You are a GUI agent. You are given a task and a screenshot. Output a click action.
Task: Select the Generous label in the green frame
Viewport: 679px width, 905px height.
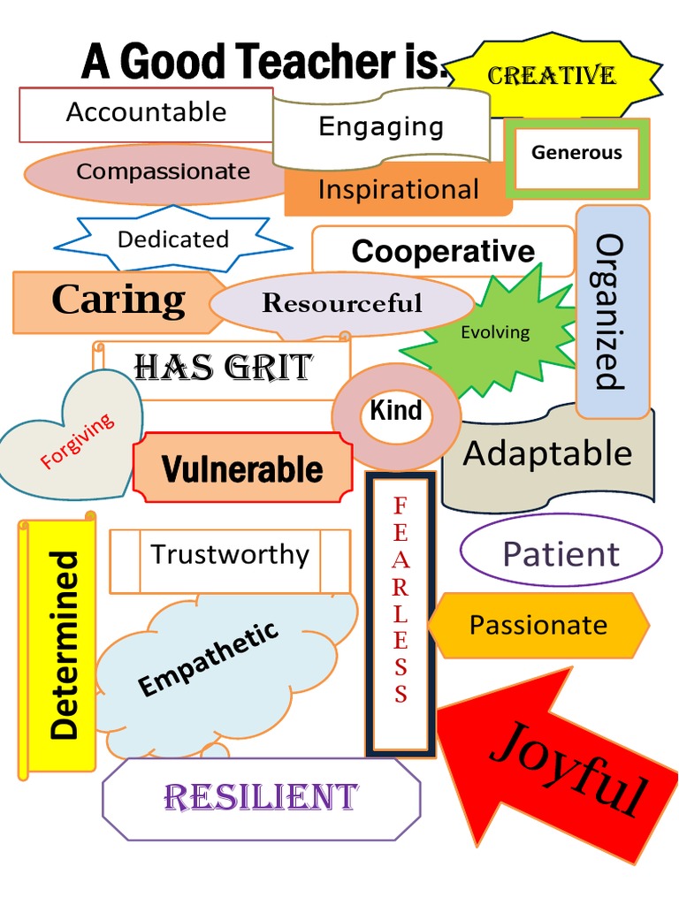pyautogui.click(x=576, y=153)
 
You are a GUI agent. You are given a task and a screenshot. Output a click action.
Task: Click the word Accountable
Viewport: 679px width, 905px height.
pyautogui.click(x=146, y=112)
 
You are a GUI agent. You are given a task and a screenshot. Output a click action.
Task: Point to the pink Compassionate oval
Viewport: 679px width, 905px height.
pyautogui.click(x=163, y=171)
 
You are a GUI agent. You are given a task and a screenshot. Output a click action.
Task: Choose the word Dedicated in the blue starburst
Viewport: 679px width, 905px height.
pyautogui.click(x=173, y=240)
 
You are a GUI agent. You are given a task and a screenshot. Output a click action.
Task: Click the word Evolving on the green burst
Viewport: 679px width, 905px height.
pyautogui.click(x=495, y=332)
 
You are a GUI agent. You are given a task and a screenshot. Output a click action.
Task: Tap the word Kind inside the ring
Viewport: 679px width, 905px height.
pyautogui.click(x=395, y=411)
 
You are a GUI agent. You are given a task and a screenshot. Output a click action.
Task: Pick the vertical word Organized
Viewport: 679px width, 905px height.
pyautogui.click(x=611, y=311)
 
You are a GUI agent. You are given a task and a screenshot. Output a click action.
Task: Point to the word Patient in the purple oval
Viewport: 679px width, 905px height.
pyautogui.click(x=561, y=554)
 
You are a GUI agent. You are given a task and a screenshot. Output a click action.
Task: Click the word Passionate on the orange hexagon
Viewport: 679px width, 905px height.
pyautogui.click(x=538, y=625)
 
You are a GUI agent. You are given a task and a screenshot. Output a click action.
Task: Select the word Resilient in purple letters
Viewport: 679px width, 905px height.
pyautogui.click(x=261, y=797)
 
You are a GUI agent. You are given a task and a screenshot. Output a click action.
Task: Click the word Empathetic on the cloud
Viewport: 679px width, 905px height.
pyautogui.click(x=209, y=658)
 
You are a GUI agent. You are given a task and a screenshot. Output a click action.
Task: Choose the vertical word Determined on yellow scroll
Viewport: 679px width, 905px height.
pyautogui.click(x=65, y=645)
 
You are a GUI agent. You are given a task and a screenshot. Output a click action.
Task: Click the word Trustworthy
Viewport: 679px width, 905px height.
pyautogui.click(x=230, y=555)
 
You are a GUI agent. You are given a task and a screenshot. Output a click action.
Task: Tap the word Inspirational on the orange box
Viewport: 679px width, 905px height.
pyautogui.click(x=398, y=189)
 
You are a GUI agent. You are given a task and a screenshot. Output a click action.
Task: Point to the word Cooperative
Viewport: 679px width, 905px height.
pyautogui.click(x=443, y=251)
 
